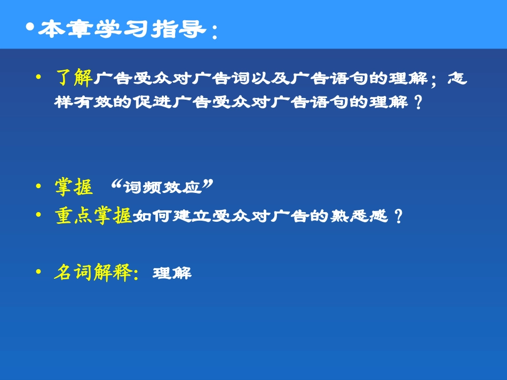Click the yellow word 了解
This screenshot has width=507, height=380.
[74, 79]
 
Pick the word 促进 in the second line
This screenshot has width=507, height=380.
[153, 102]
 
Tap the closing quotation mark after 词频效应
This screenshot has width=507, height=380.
[209, 184]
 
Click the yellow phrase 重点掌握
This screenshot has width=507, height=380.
[93, 216]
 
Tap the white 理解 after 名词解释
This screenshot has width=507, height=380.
[172, 274]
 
